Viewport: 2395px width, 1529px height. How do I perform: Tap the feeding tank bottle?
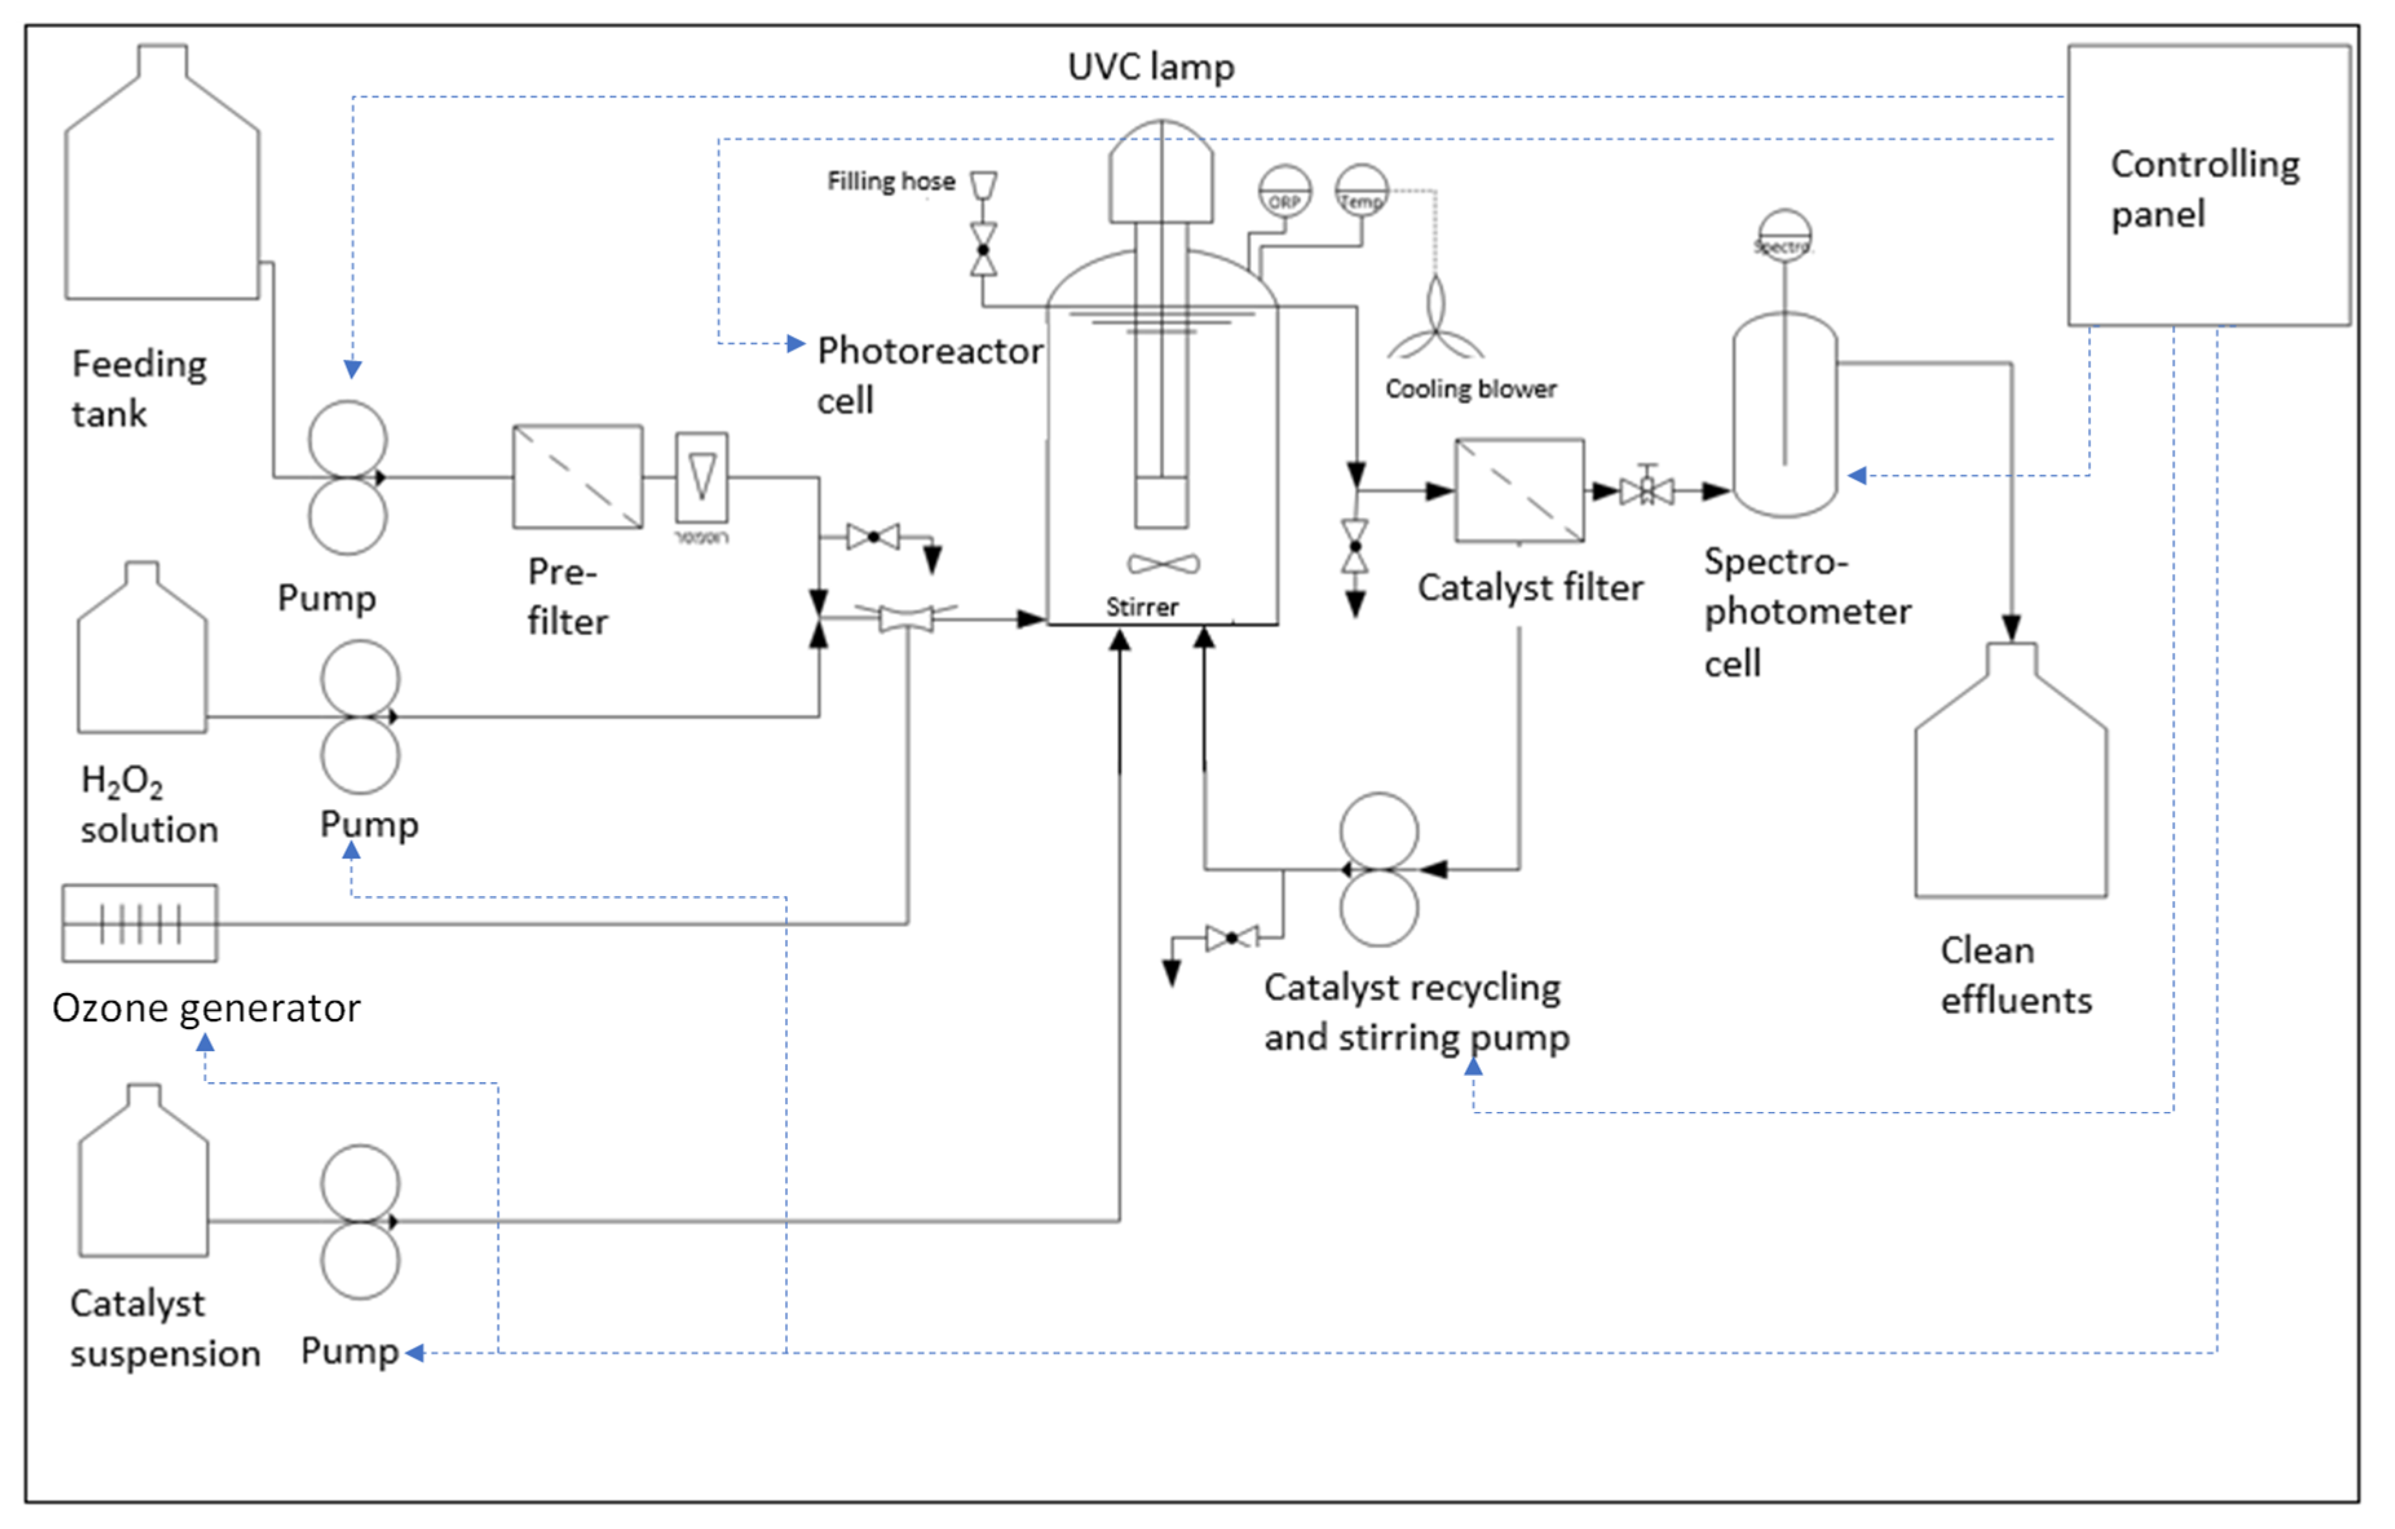click(x=162, y=199)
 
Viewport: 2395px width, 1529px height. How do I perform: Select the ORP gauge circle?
click(x=1284, y=191)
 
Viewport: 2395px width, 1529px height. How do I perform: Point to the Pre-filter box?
click(x=577, y=476)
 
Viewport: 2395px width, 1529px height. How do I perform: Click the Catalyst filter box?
click(x=1519, y=491)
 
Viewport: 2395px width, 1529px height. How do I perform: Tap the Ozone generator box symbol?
click(x=139, y=923)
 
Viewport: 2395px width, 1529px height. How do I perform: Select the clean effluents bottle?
click(x=2010, y=786)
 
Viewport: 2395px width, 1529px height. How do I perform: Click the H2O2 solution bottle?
click(x=142, y=661)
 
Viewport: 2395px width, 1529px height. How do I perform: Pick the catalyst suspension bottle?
click(x=143, y=1184)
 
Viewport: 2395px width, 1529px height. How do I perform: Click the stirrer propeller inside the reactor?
click(x=1163, y=564)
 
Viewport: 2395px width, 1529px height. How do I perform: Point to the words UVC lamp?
click(x=1151, y=67)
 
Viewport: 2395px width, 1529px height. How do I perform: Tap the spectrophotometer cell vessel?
click(x=1784, y=416)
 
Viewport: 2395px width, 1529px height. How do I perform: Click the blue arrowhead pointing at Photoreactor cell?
click(x=796, y=344)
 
